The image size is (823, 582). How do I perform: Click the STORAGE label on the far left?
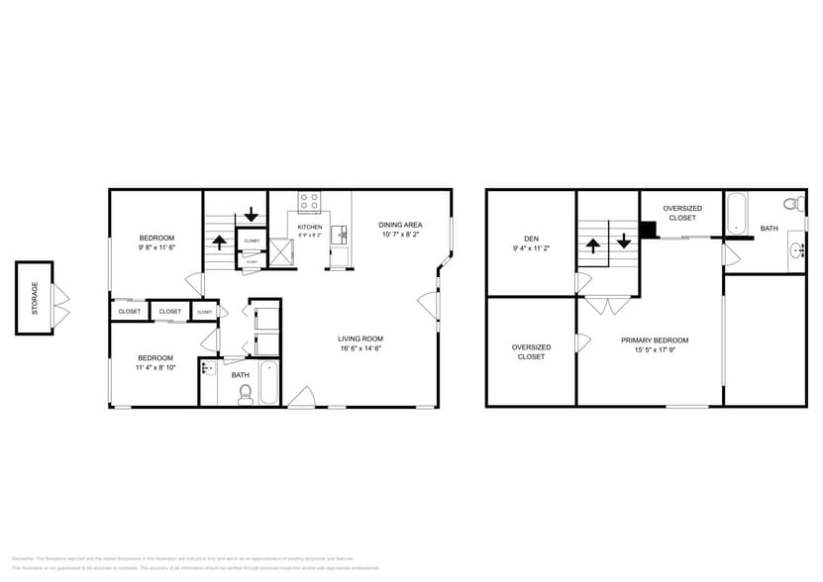tap(34, 298)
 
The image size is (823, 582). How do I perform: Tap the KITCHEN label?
tap(310, 227)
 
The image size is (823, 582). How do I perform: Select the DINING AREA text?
tap(400, 225)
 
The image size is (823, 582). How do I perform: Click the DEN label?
tap(531, 238)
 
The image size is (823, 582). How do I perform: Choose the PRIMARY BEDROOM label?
tap(655, 340)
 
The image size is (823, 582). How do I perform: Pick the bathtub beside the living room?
tap(269, 383)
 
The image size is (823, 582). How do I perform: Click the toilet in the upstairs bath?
tap(792, 205)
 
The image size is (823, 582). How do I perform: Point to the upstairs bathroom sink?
tap(796, 251)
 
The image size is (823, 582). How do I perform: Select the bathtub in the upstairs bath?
tap(736, 213)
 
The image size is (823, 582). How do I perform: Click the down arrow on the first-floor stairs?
tap(252, 213)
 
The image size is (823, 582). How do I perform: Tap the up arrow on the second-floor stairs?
tap(593, 245)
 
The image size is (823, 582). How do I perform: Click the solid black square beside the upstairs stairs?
tap(649, 230)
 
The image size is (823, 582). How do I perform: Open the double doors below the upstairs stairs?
tap(607, 305)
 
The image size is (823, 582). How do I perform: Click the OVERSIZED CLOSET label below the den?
tap(531, 351)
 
